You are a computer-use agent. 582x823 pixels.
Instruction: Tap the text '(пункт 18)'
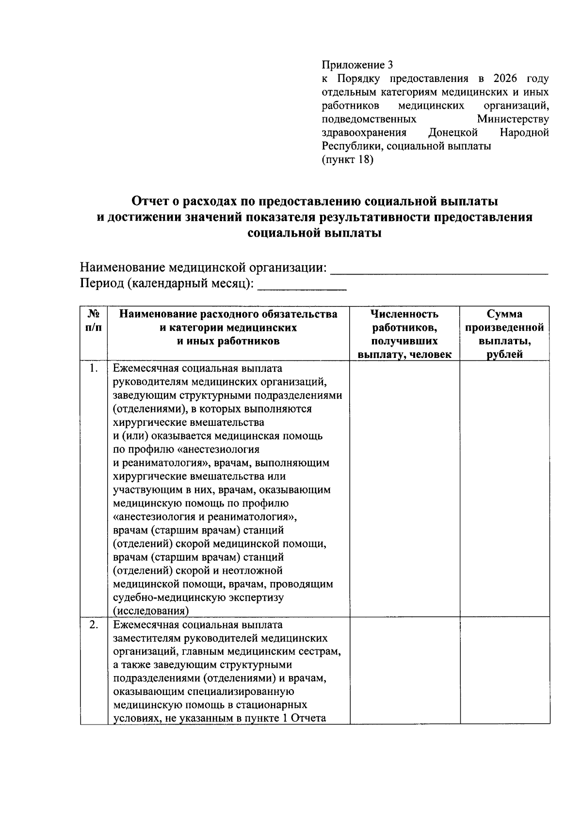347,160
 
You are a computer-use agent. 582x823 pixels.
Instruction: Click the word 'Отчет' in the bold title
151,201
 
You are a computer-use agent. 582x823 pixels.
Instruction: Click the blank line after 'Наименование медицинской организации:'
439,270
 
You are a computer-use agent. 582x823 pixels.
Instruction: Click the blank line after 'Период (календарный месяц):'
302,286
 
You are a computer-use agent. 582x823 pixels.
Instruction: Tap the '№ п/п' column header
94,321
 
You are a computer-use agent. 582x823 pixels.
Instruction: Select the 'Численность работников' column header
404,334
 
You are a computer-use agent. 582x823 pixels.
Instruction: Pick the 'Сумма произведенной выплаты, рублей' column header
504,334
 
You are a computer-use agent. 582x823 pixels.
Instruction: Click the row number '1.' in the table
94,369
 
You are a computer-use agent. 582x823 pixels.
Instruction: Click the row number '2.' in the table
94,625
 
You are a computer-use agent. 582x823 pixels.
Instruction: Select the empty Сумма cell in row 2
504,671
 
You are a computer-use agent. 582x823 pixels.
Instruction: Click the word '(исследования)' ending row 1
151,611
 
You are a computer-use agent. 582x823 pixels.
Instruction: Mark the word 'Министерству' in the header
513,119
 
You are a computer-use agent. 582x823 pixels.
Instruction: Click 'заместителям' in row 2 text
144,638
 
